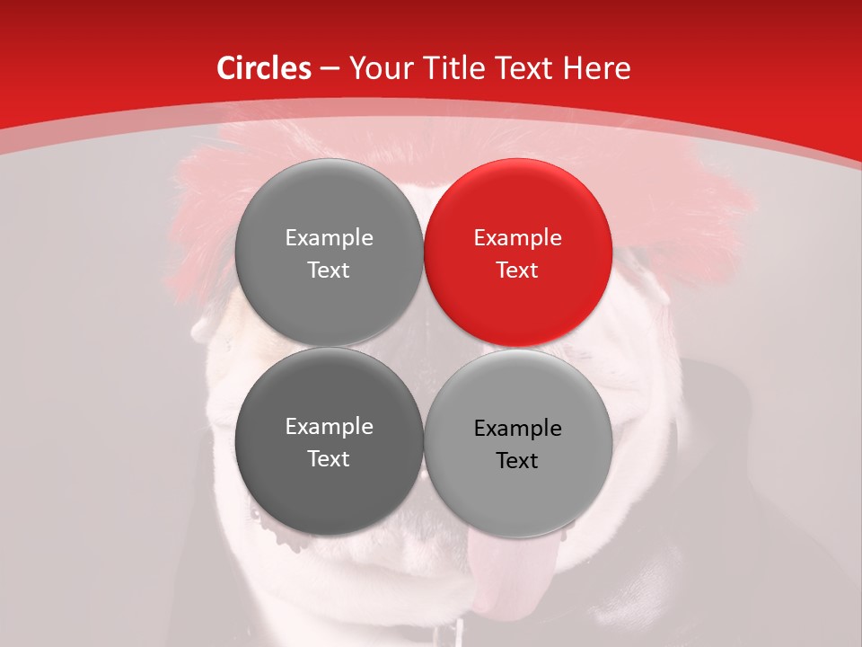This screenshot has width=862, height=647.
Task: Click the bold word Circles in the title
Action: (263, 68)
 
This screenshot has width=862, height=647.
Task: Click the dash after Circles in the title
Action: (330, 69)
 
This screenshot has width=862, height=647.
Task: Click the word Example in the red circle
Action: (517, 237)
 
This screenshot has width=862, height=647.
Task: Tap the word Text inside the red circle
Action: (517, 270)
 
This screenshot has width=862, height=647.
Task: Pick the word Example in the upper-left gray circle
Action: (329, 237)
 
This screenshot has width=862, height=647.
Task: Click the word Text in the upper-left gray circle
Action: (329, 270)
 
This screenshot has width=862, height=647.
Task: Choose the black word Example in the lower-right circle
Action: (517, 428)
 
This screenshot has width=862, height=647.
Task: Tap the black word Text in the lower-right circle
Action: (517, 460)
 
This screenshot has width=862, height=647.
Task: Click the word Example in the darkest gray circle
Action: (329, 426)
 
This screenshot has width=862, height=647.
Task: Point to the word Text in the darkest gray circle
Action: (329, 458)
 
